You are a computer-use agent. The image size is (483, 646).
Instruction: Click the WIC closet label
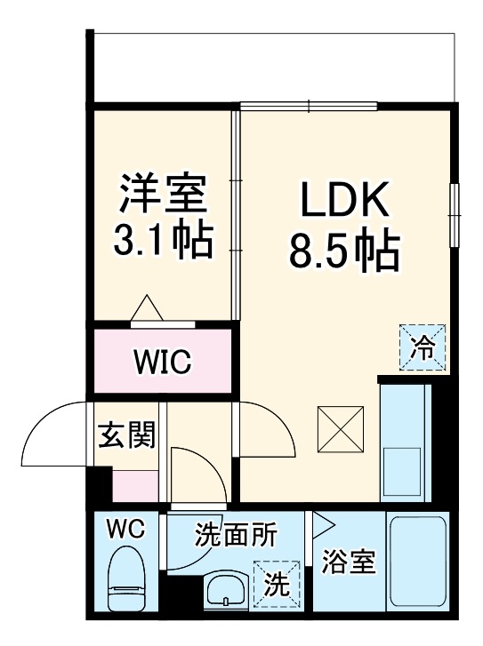[x=162, y=363]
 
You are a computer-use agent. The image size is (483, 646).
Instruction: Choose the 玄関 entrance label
[x=125, y=435]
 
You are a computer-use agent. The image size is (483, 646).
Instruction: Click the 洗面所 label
[x=236, y=535]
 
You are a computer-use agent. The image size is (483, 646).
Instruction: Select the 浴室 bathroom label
[x=349, y=562]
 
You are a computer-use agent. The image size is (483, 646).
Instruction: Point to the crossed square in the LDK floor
[x=341, y=427]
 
